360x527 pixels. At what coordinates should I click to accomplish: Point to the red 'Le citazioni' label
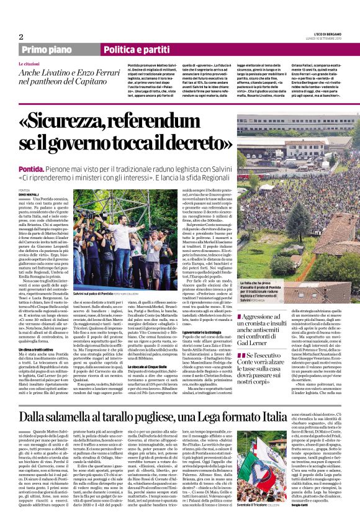pyautogui.click(x=30, y=64)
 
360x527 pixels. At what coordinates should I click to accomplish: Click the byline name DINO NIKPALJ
pyautogui.click(x=29, y=194)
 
